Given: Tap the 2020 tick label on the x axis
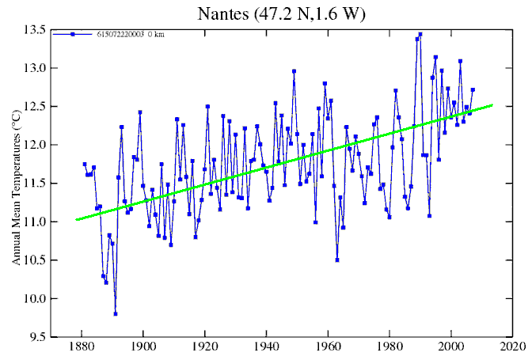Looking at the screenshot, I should [512, 347].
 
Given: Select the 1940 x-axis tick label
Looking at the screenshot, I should [266, 347].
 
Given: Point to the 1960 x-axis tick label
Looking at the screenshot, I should [328, 347].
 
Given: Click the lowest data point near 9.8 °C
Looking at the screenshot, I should [116, 314].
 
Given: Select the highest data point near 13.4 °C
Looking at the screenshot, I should [420, 34].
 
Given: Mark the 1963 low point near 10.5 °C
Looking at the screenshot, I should [337, 260].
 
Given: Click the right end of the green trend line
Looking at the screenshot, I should [493, 104].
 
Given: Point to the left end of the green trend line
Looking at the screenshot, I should [76, 219].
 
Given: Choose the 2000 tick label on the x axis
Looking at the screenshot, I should [451, 347].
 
